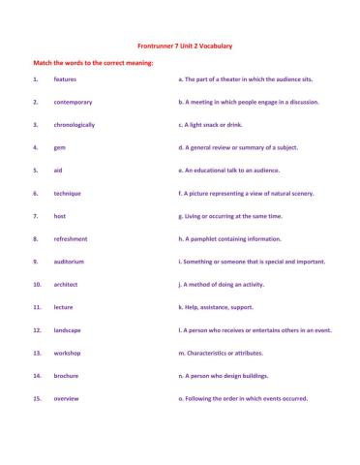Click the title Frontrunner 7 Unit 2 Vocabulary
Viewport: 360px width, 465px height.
coord(180,46)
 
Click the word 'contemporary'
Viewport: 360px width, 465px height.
coord(73,101)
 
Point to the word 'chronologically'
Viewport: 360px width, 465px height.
coord(75,124)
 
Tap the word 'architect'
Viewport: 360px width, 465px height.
coord(67,285)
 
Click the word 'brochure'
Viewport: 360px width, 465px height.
coord(67,376)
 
